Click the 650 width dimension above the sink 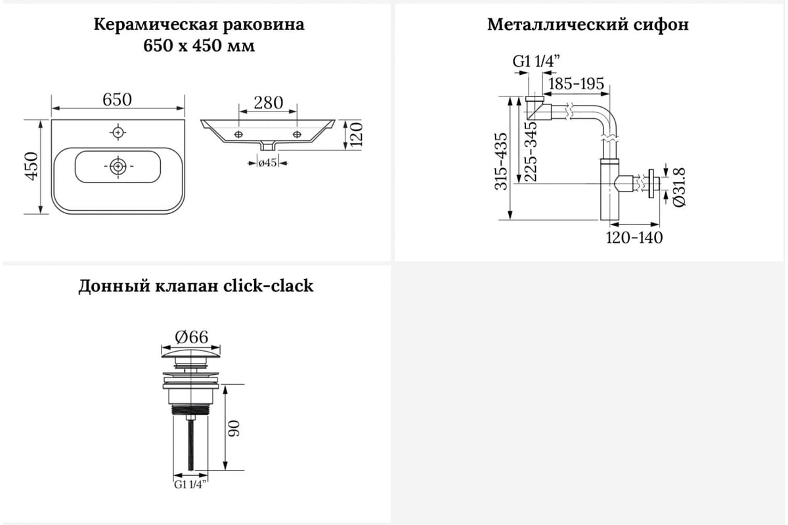(117, 100)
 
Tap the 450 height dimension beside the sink (32, 166)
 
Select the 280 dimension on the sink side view (269, 102)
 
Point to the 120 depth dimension (356, 136)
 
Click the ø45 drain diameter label (267, 163)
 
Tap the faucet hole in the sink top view (118, 132)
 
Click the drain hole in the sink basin (118, 166)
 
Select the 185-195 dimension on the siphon (577, 84)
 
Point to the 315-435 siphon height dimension (501, 161)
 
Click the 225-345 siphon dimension (531, 152)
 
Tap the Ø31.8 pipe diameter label (679, 187)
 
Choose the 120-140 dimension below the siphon (634, 238)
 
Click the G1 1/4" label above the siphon (536, 62)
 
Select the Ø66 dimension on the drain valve (191, 337)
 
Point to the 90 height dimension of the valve (234, 429)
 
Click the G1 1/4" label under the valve (190, 484)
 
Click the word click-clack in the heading (269, 285)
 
